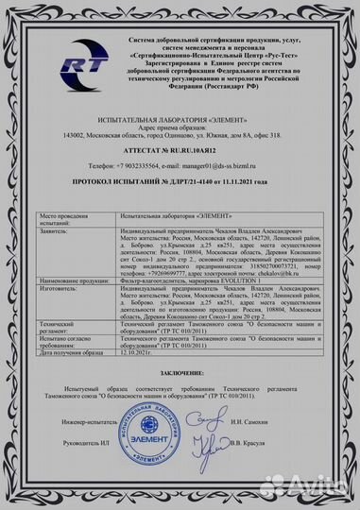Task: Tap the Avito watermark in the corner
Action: point(321,490)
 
